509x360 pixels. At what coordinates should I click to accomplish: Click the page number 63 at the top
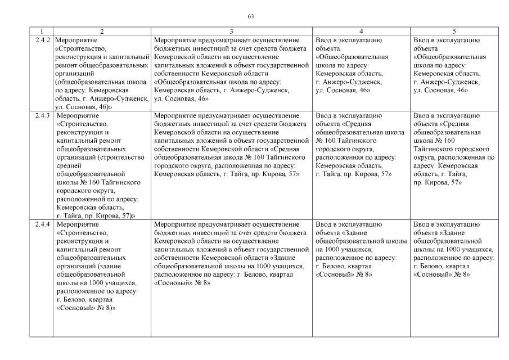251,16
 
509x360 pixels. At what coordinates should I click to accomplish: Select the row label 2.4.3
42,116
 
